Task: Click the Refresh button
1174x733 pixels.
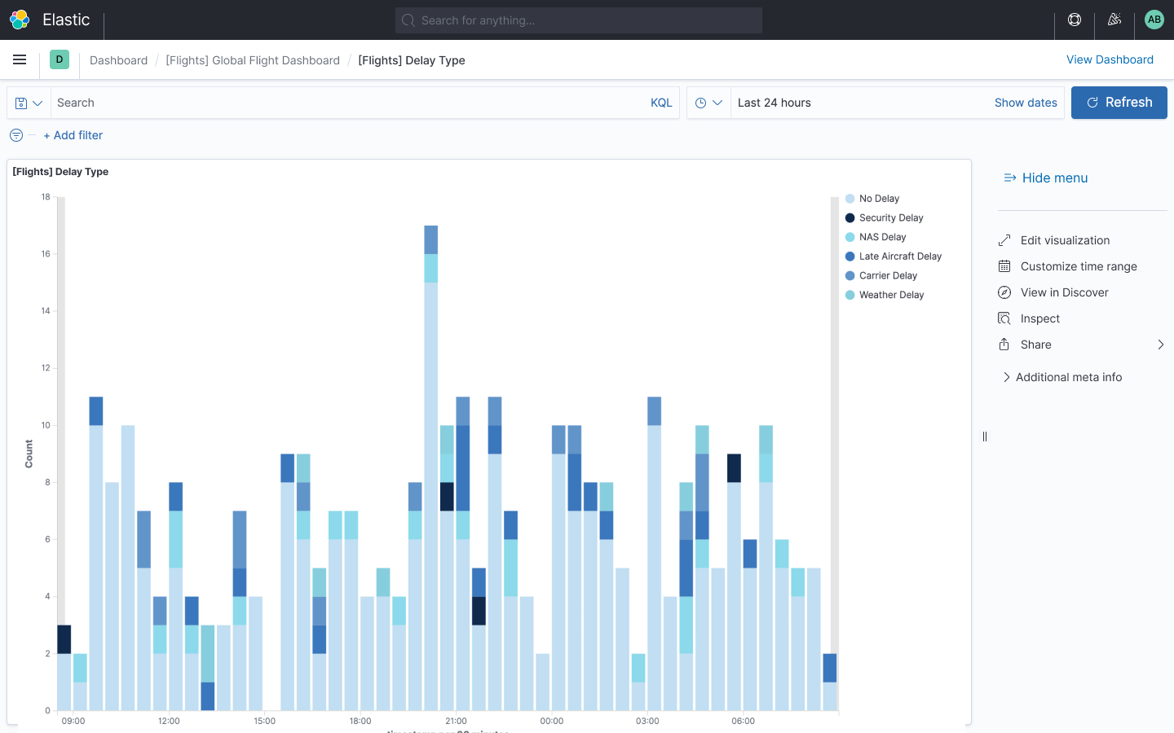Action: click(x=1119, y=103)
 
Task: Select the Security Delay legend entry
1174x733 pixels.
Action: click(x=890, y=218)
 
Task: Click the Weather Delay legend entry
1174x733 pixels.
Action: click(x=891, y=295)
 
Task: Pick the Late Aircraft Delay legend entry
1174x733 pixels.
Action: click(x=900, y=257)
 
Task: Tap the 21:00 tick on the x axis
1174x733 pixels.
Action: click(x=456, y=721)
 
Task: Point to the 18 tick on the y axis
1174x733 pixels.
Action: click(x=46, y=197)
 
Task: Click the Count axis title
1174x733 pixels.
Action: click(x=29, y=454)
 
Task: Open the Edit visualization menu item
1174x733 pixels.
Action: click(x=1065, y=240)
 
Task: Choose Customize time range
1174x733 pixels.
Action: click(x=1078, y=266)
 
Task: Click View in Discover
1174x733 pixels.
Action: click(x=1064, y=292)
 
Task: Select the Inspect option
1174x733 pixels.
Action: click(x=1039, y=318)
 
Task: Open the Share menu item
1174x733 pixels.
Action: click(x=1035, y=345)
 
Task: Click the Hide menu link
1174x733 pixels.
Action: click(x=1054, y=178)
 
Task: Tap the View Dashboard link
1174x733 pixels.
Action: click(x=1110, y=59)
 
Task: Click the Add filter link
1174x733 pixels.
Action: click(x=73, y=135)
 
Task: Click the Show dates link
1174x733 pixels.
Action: click(x=1026, y=103)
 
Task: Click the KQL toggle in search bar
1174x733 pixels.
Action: click(x=661, y=103)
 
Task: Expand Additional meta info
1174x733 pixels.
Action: click(x=1068, y=377)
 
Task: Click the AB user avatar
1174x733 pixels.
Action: click(x=1154, y=20)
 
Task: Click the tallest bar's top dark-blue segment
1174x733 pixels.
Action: click(x=431, y=239)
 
